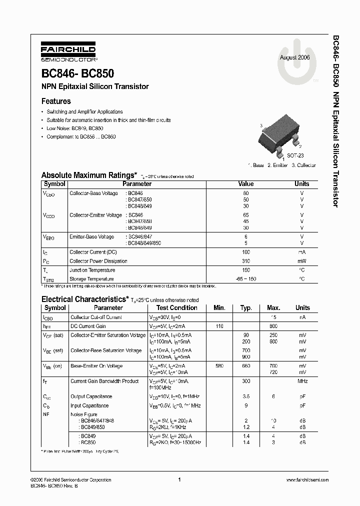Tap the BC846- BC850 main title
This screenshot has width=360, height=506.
[x=77, y=73]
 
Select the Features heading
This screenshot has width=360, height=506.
[x=56, y=101]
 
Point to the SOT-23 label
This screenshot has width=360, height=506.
[x=295, y=156]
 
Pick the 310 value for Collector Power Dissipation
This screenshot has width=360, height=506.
[x=246, y=261]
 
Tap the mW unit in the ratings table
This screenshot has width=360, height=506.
[x=302, y=261]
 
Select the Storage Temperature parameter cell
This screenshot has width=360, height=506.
[x=92, y=279]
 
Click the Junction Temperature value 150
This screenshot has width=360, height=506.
[x=246, y=270]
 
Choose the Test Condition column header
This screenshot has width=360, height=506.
[x=177, y=308]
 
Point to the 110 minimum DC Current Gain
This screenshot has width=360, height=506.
[x=219, y=326]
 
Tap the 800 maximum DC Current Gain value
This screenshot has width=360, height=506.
[x=273, y=326]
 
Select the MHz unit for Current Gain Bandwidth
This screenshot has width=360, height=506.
[x=302, y=381]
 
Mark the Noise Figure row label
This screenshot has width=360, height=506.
[x=84, y=414]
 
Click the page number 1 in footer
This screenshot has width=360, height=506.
[x=179, y=480]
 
